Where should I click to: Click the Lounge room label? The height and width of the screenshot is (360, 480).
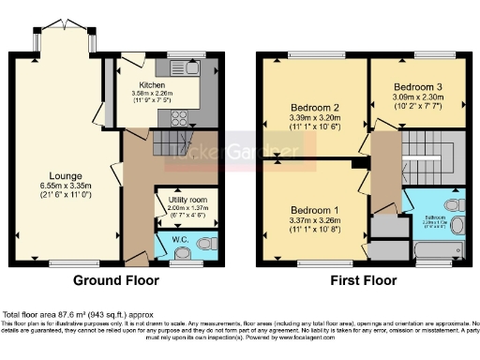pyautogui.click(x=67, y=175)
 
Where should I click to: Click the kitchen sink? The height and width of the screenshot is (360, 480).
pyautogui.click(x=193, y=68)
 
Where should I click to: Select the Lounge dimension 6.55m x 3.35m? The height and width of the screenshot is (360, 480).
pyautogui.click(x=67, y=186)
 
